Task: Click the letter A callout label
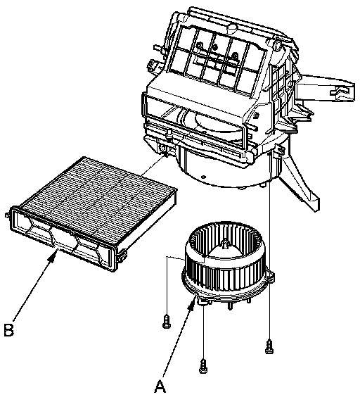point(160,386)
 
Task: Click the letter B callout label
point(9,329)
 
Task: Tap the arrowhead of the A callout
point(193,303)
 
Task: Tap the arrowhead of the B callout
point(53,256)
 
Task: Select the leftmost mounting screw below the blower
point(166,321)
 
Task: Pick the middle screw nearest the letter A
point(203,365)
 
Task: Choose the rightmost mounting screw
point(269,346)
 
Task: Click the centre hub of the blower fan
point(225,244)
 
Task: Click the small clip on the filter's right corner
point(122,256)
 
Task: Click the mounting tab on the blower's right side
point(271,277)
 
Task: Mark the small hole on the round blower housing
point(203,177)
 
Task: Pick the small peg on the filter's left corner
point(7,215)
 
